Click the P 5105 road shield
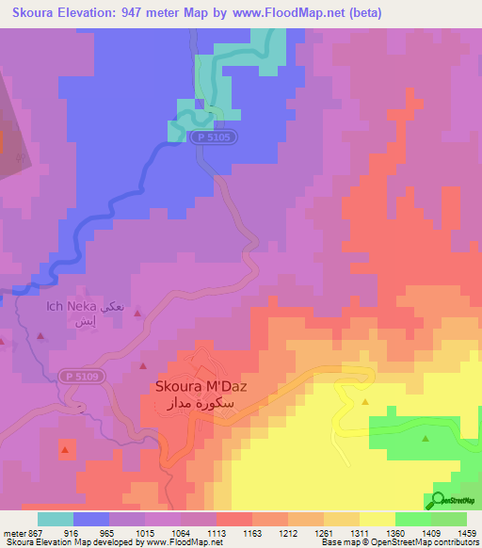click(x=214, y=137)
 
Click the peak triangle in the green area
click(x=426, y=438)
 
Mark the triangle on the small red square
click(x=65, y=451)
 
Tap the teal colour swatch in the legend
click(x=56, y=519)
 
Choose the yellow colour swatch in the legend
click(x=377, y=519)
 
